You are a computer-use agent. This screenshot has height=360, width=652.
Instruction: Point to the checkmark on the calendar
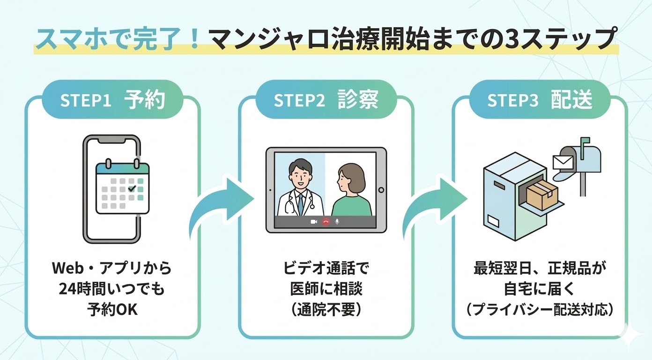[132, 188]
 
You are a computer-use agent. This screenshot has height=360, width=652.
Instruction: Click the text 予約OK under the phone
[112, 309]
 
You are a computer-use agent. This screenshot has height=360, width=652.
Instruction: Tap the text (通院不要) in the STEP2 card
[326, 309]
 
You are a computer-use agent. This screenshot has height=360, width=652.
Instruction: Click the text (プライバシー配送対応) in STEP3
[539, 309]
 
